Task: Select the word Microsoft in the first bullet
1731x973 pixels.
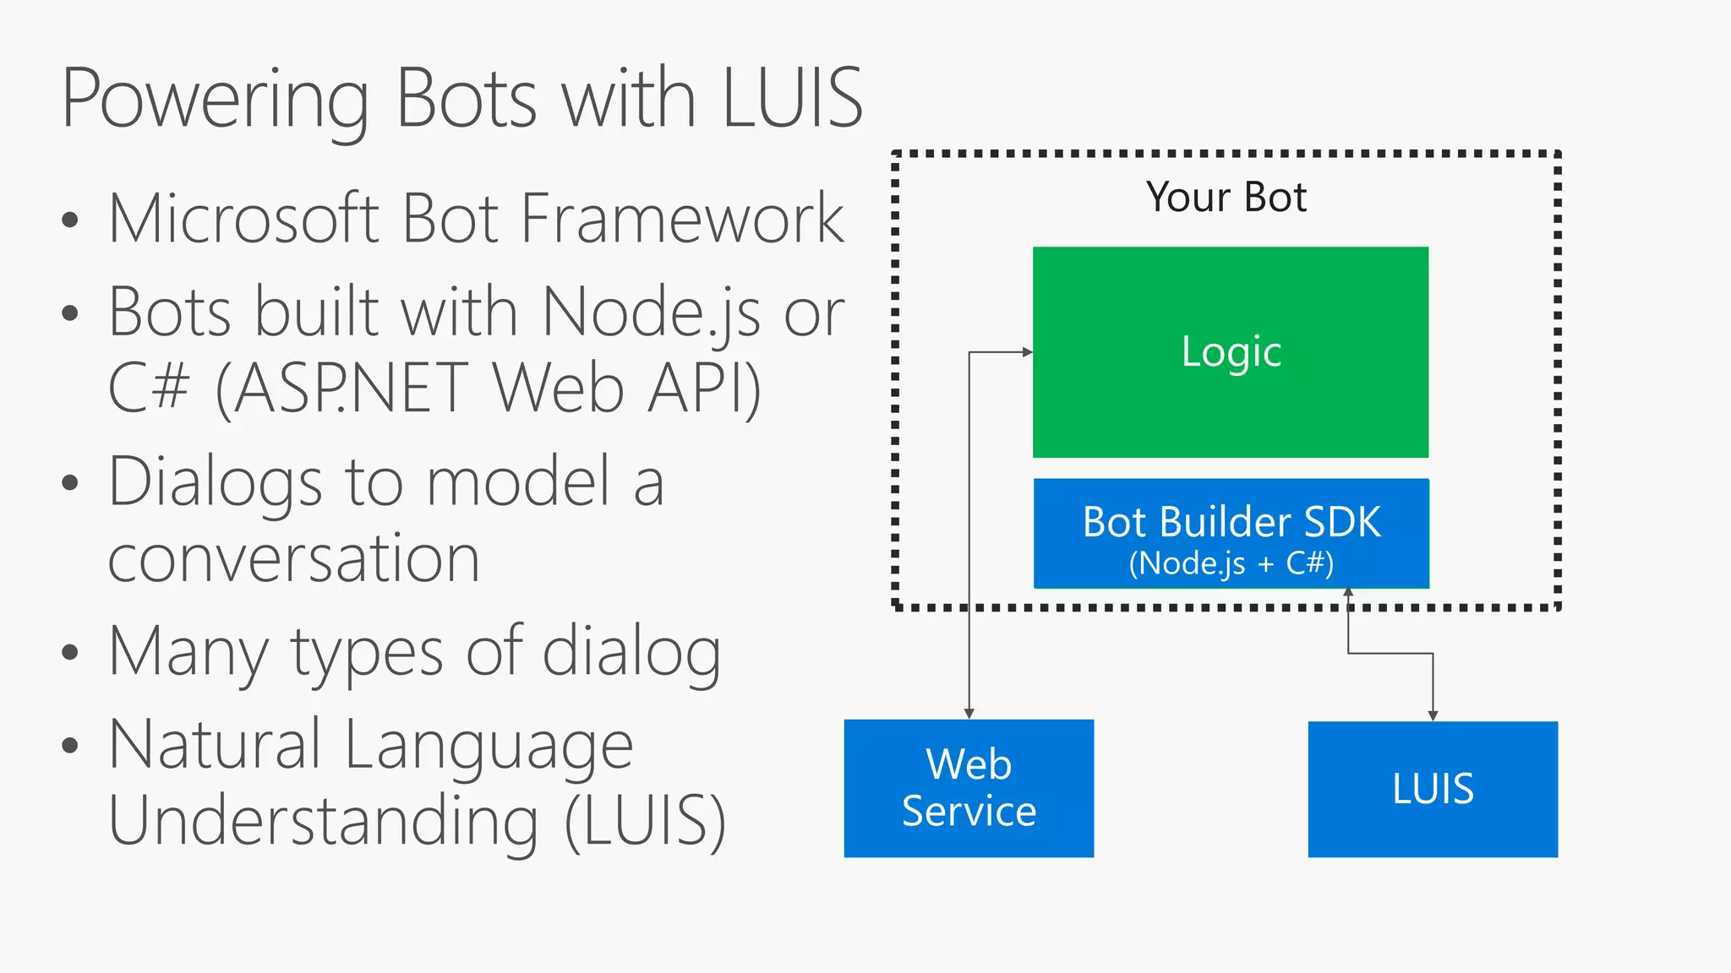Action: [243, 219]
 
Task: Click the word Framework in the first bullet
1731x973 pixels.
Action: [682, 219]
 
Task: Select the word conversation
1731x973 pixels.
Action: [294, 559]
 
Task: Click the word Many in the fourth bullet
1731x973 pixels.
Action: [189, 653]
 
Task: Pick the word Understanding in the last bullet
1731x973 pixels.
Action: [324, 821]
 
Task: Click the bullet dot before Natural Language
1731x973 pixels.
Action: [70, 746]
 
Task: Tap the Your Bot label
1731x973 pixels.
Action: [1226, 198]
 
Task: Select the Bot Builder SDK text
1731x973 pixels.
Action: [1231, 522]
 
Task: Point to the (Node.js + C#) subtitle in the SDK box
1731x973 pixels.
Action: [1231, 563]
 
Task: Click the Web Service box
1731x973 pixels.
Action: [969, 788]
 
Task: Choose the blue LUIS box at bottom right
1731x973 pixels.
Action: [1433, 789]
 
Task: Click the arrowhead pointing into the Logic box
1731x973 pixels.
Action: [1028, 352]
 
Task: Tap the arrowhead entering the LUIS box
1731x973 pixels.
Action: [1433, 716]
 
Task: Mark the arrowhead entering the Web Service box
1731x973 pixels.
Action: [969, 715]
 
